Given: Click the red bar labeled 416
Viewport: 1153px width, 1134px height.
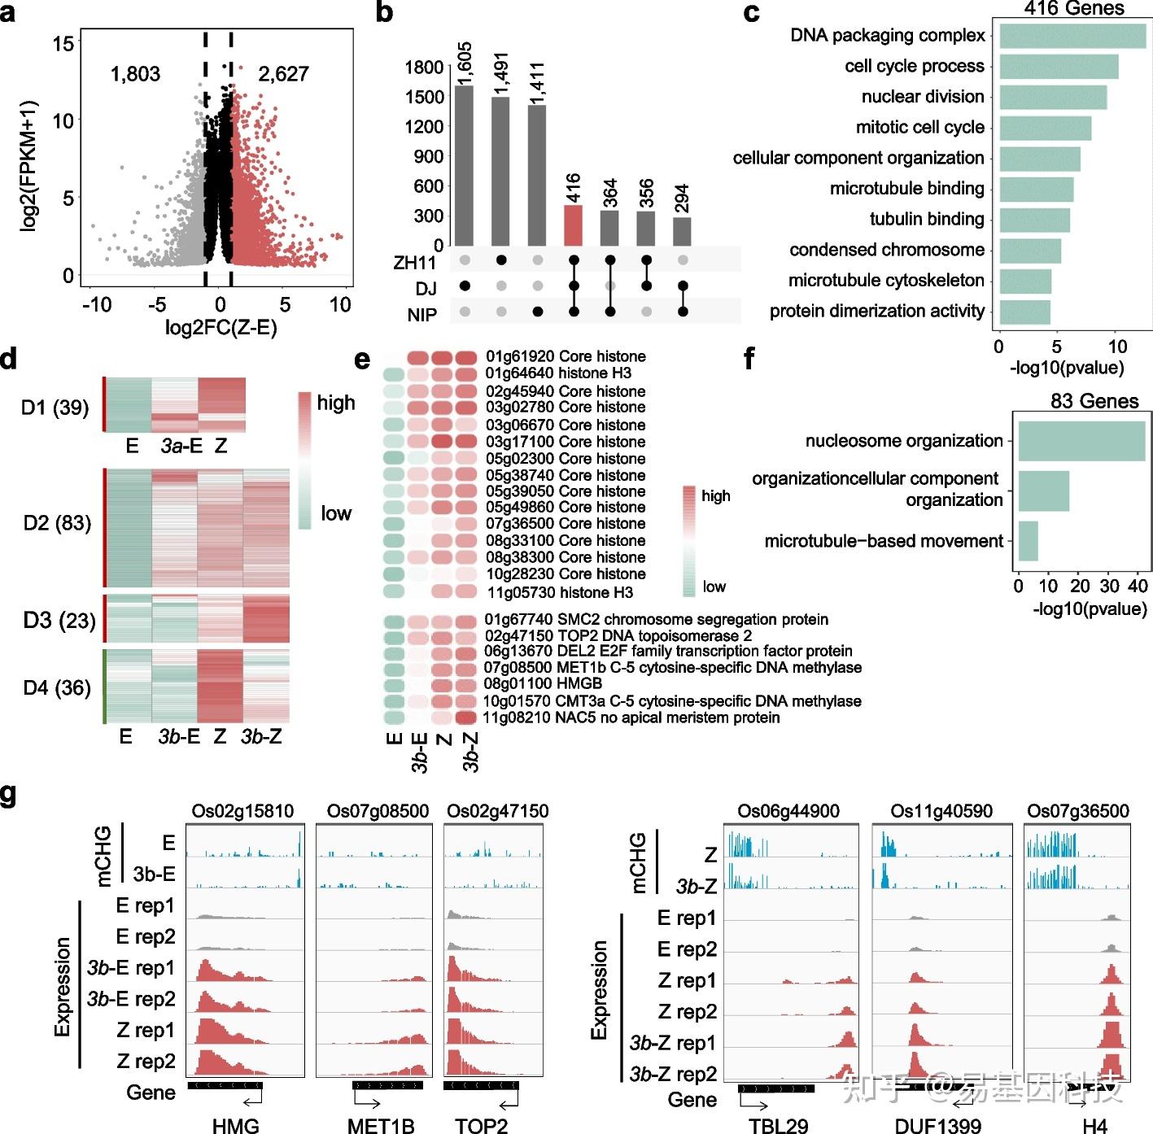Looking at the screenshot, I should [x=573, y=225].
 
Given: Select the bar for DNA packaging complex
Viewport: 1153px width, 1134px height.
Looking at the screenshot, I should [x=1072, y=37].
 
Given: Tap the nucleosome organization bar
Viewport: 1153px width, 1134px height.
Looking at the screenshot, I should [x=1081, y=441].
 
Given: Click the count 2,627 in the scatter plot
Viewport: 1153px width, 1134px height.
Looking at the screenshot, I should [x=283, y=74].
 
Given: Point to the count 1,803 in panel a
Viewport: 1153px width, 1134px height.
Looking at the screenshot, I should [x=135, y=74].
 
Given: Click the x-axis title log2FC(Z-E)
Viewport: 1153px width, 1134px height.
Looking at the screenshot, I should [x=221, y=327].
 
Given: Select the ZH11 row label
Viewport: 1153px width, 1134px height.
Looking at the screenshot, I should [x=415, y=263].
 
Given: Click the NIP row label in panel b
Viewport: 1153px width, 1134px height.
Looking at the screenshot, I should [x=421, y=315].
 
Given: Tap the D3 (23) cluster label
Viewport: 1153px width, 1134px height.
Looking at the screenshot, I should [x=59, y=621].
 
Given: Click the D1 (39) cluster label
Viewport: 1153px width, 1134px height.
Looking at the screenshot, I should [x=55, y=407].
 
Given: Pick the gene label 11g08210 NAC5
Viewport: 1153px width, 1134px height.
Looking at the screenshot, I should [x=631, y=717].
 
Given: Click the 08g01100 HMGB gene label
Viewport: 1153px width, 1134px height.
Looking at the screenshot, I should [x=543, y=684].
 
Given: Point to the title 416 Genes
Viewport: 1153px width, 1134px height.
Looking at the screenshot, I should [x=1073, y=9].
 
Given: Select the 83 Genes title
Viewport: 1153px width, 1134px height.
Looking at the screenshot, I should [x=1094, y=401].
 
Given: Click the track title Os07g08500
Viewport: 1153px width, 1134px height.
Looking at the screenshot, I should [x=378, y=811].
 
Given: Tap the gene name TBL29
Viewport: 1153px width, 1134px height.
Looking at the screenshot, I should [x=779, y=1126].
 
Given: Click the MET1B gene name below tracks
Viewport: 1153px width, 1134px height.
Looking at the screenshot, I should [x=381, y=1126].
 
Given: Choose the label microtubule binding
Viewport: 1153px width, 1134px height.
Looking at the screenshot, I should [x=906, y=189].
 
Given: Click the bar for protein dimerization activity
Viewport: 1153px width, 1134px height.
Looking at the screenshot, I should [x=1024, y=312].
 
